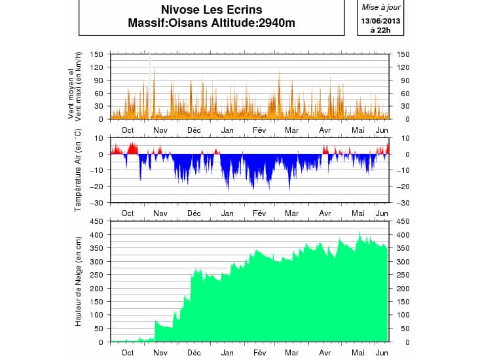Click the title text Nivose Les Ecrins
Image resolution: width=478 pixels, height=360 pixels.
pyautogui.click(x=211, y=10)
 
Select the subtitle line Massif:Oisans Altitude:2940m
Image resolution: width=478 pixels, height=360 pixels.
pyautogui.click(x=211, y=23)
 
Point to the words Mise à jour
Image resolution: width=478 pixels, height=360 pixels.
pyautogui.click(x=380, y=7)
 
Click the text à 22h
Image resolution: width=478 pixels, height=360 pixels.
pyautogui.click(x=380, y=29)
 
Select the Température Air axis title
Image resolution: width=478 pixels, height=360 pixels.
pyautogui.click(x=77, y=170)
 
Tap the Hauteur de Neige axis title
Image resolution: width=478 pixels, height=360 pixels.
pyautogui.click(x=77, y=282)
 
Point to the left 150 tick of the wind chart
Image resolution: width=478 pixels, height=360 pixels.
pyautogui.click(x=97, y=54)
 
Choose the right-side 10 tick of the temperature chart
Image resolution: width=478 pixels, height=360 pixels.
pyautogui.click(x=399, y=138)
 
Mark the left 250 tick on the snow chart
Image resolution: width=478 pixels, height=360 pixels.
pyautogui.click(x=97, y=275)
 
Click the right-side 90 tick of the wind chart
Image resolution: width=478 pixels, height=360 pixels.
pyautogui.click(x=399, y=81)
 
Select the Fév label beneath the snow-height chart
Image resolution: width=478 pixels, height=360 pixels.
pyautogui.click(x=259, y=352)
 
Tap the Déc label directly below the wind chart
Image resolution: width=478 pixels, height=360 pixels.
pyautogui.click(x=194, y=130)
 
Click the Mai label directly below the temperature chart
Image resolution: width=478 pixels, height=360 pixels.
pyautogui.click(x=358, y=213)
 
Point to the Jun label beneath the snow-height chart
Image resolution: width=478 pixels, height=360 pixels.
pyautogui.click(x=382, y=352)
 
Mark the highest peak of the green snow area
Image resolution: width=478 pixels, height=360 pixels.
pyautogui.click(x=359, y=232)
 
